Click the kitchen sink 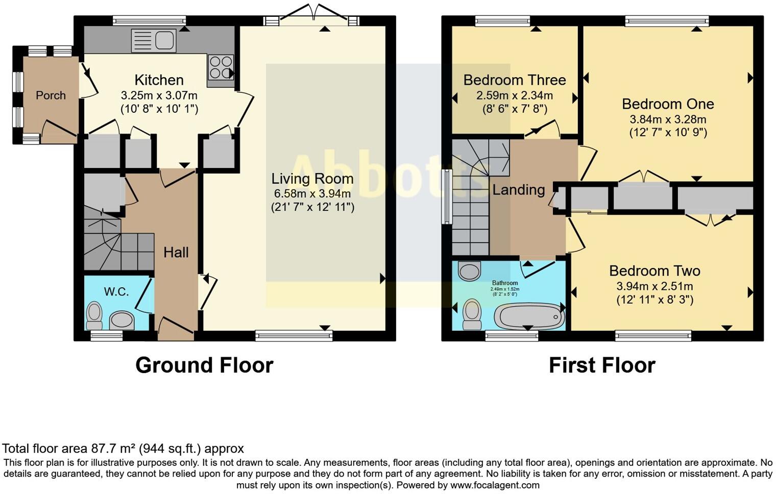coord(154,40)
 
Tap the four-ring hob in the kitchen coord(220,67)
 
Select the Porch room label coord(51,95)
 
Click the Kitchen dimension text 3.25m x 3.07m coord(159,95)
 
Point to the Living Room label coord(312,179)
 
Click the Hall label coord(176,252)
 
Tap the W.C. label coord(116,291)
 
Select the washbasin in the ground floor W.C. coord(122,320)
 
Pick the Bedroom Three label coord(514,80)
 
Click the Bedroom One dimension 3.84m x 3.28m coord(668,119)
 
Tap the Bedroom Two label coord(654,270)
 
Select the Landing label coord(518,190)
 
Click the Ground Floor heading coord(204,365)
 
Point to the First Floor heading coord(602,365)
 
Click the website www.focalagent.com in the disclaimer coord(495,485)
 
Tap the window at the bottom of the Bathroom coord(512,335)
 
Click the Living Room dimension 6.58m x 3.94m coord(312,193)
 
